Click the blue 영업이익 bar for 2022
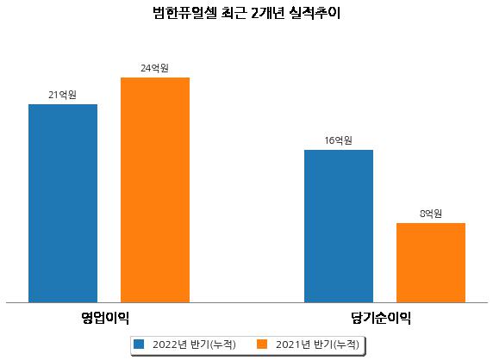[63, 203]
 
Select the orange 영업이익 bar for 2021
[155, 190]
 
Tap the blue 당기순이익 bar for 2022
[339, 227]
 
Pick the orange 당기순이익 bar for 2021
[431, 263]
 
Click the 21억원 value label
[63, 95]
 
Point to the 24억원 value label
[154, 68]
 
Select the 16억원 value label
[339, 140]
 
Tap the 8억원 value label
[431, 214]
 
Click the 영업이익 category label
[105, 318]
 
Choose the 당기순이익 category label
[381, 318]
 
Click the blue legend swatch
[139, 344]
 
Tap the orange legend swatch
[262, 344]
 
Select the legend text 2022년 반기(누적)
[194, 344]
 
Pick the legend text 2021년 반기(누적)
[317, 344]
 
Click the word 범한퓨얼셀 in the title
[184, 13]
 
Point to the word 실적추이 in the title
[315, 13]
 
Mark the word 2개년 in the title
[268, 13]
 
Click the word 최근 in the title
[234, 13]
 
